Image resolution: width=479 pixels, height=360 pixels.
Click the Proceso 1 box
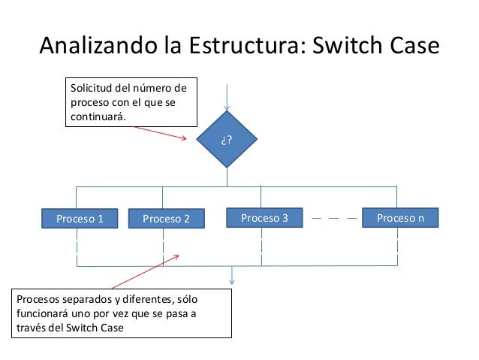(80, 219)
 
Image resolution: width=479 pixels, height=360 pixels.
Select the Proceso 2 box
(166, 219)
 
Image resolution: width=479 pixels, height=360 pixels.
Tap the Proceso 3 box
(264, 218)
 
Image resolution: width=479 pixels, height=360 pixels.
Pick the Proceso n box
(400, 218)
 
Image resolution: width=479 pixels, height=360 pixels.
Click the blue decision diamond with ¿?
(226, 140)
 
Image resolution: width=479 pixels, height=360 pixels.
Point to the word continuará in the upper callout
(98, 117)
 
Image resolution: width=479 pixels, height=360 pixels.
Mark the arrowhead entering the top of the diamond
(226, 107)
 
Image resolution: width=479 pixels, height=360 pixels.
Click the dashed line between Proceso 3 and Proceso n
(333, 219)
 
